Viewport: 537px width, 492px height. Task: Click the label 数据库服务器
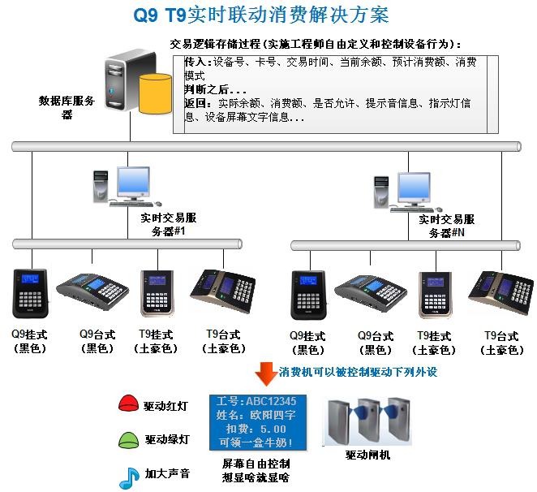[x=67, y=107]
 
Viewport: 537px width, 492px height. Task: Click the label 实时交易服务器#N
[x=446, y=226]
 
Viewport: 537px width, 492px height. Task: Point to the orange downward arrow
[x=264, y=373]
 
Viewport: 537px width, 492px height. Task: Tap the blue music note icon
[x=128, y=477]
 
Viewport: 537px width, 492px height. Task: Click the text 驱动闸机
[x=367, y=455]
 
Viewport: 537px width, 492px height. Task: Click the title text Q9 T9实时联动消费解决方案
[x=260, y=15]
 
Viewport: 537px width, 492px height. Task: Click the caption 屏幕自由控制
[x=256, y=463]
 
